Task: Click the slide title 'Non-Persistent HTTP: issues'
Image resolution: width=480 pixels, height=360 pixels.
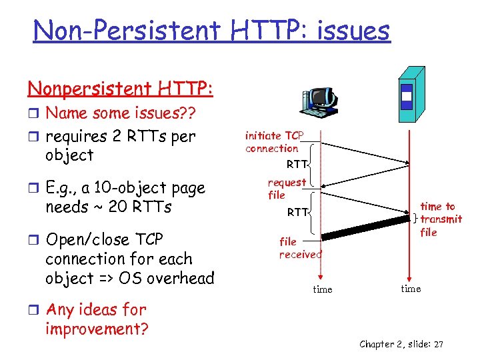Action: pos(211,30)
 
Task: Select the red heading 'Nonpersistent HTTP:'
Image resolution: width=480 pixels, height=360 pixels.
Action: pos(120,88)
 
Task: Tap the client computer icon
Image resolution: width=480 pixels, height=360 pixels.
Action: pos(319,104)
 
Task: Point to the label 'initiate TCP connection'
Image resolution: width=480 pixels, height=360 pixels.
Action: pos(273,142)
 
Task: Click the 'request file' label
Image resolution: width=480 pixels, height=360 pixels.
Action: pos(286,189)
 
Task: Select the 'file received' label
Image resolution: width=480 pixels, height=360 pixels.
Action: pos(299,247)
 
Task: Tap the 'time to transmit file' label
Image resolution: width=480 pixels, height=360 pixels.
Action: pos(440,219)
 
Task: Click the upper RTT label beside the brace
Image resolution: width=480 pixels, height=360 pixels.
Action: pos(297,164)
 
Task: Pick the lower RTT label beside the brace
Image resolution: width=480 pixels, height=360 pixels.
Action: pos(297,213)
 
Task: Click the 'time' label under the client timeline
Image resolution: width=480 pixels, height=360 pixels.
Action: pos(322,289)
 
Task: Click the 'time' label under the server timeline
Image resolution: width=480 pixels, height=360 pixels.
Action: pos(410,289)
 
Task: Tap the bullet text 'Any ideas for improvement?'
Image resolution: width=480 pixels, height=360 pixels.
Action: pos(96,319)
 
